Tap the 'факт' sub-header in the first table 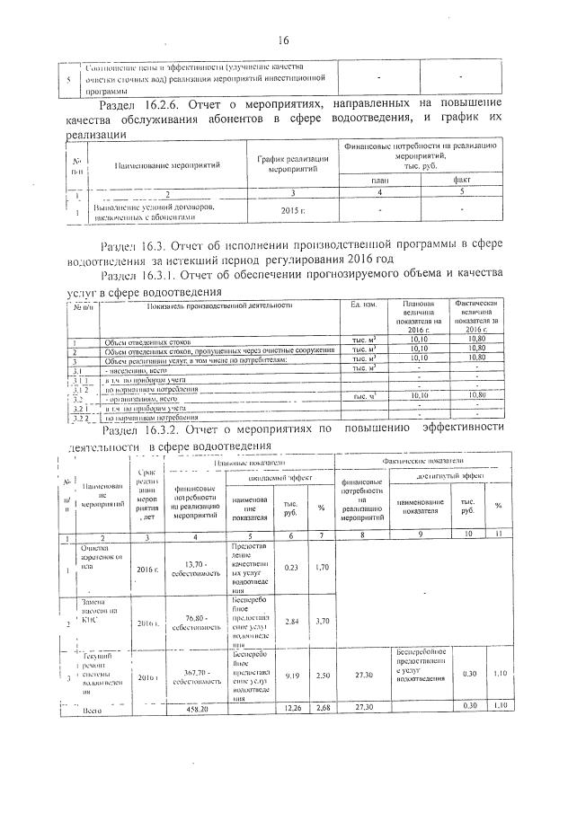(x=461, y=179)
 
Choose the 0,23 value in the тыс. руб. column (x=291, y=567)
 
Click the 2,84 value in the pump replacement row (x=291, y=621)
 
